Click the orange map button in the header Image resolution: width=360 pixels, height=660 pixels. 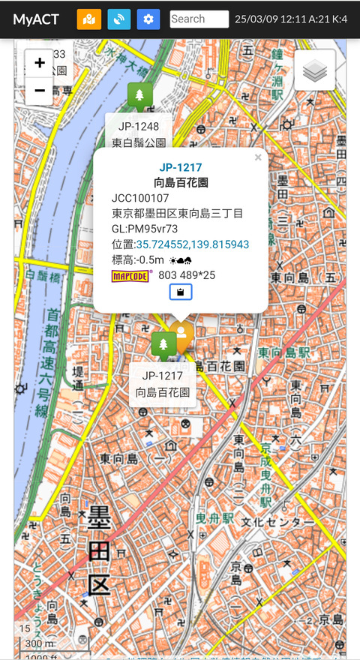coord(88,19)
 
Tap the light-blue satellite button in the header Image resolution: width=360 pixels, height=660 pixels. coord(118,19)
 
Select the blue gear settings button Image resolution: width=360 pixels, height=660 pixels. coord(148,19)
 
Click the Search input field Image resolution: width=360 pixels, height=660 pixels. coord(199,19)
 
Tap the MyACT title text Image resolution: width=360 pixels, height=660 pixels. coord(36,19)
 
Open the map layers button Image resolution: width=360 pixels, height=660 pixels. coord(315,70)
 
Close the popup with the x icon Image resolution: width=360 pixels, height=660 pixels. coord(258,157)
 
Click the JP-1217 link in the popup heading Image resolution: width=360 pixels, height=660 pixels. coord(181,167)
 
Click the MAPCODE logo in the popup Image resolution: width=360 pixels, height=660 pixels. coord(131,275)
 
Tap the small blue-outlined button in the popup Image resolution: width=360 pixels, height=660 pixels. coord(181,292)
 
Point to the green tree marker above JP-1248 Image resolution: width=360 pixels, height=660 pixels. coord(140,95)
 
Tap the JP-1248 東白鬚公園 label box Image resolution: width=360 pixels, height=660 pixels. coord(139,133)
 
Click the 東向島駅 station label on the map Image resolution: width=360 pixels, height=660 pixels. coord(284,352)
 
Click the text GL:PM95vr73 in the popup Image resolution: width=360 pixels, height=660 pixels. coord(145,229)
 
